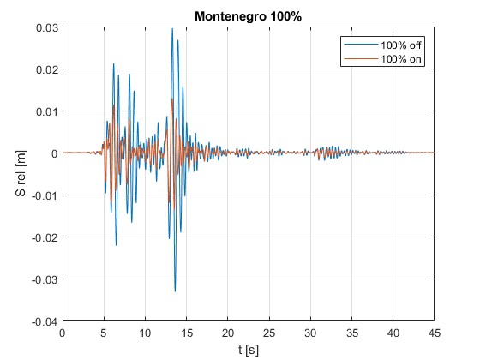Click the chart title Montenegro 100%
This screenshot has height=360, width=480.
coord(248,16)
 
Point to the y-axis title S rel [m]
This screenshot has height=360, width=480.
coord(21,173)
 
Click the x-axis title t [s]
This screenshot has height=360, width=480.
coord(249,350)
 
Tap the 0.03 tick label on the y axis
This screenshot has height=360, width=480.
coord(47,27)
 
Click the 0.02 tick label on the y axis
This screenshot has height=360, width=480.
coord(47,69)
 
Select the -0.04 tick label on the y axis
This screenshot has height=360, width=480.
coord(45,321)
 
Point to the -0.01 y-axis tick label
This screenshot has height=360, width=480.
coord(45,195)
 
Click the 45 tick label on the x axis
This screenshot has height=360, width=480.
coord(434,333)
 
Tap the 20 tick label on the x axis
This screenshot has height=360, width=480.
coord(228,333)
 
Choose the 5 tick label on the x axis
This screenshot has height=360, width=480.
coord(104,333)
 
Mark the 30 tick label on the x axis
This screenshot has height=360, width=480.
coord(310,333)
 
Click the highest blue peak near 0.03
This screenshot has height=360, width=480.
coord(172,29)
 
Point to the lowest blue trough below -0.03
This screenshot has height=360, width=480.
coord(175,291)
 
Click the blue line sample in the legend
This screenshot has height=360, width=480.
coord(361,45)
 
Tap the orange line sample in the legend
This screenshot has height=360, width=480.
coord(361,58)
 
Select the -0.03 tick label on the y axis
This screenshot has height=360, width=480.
coord(45,279)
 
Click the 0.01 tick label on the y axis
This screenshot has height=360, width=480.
coord(47,111)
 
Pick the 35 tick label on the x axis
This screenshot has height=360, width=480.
coord(351,333)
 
